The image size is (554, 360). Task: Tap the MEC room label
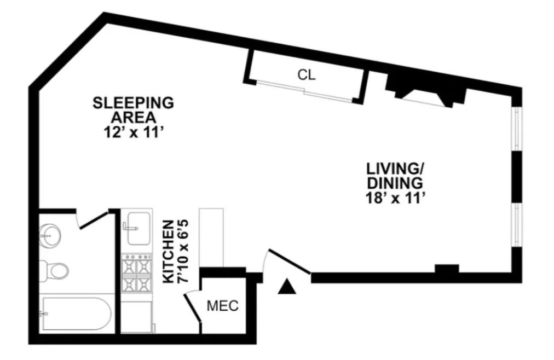222,306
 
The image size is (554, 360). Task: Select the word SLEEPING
133,102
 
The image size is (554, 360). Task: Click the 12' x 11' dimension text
134,132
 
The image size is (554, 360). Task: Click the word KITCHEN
169,252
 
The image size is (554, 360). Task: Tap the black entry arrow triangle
287,286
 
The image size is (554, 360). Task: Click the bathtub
76,313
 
